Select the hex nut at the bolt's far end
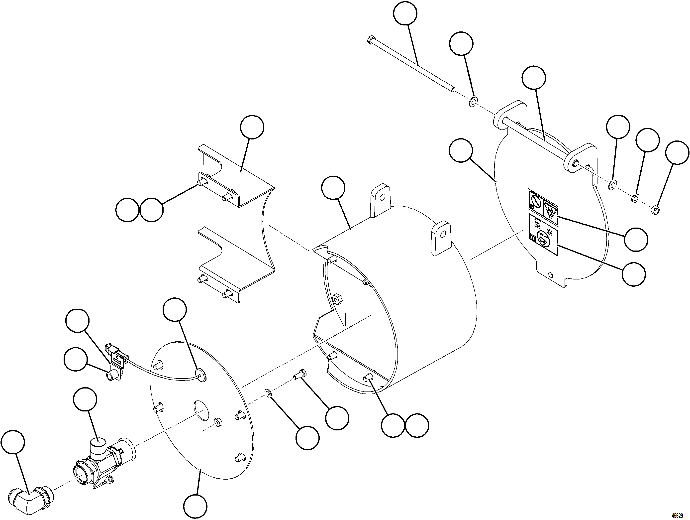(x=656, y=210)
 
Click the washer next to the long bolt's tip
(x=473, y=102)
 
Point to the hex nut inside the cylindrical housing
(x=337, y=299)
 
